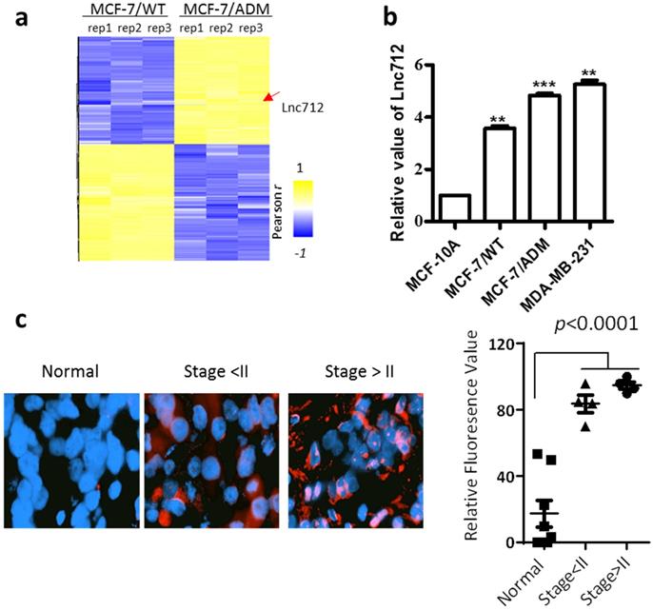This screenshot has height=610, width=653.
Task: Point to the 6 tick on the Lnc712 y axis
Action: [430, 66]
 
